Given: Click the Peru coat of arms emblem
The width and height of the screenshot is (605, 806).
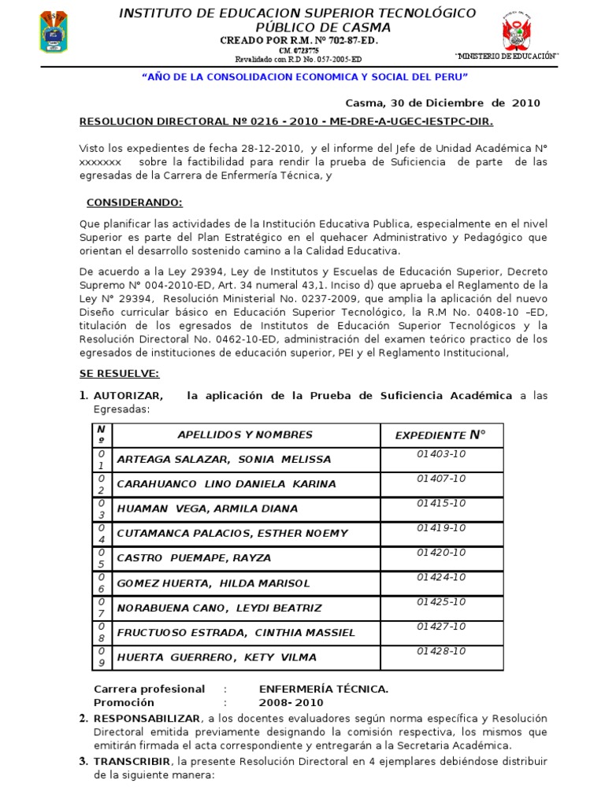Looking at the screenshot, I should click(x=518, y=34).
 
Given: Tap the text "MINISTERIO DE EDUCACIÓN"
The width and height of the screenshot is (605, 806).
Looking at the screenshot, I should click(x=507, y=57).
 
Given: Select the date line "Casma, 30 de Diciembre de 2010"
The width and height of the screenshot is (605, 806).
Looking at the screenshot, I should click(x=444, y=103).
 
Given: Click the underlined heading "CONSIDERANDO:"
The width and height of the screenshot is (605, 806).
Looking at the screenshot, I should click(x=134, y=202).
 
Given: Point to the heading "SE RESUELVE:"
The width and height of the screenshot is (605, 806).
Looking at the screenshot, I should click(x=119, y=372).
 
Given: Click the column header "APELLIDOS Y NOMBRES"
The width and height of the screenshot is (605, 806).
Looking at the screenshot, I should click(x=245, y=434).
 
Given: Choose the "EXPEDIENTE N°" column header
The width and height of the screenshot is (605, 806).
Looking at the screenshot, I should click(x=440, y=434).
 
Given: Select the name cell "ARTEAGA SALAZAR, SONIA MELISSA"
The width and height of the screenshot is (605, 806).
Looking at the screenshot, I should click(x=224, y=459).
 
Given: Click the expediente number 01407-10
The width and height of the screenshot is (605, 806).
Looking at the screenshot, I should click(x=441, y=479).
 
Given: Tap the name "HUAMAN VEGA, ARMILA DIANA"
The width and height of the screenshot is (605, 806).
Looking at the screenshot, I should click(x=207, y=508).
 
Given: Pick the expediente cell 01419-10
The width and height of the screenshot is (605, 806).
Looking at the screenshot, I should click(x=441, y=527).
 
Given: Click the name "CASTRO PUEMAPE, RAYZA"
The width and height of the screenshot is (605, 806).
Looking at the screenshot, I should click(x=194, y=558).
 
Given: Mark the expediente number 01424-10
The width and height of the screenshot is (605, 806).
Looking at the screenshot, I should click(x=441, y=577).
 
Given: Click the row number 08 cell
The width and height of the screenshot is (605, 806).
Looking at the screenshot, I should click(x=101, y=632).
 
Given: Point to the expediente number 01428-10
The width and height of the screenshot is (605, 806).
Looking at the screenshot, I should click(x=441, y=651).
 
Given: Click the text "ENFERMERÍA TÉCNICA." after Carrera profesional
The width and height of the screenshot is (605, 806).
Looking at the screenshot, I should click(x=323, y=689).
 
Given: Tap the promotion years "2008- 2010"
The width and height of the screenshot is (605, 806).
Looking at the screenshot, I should click(x=291, y=702).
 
